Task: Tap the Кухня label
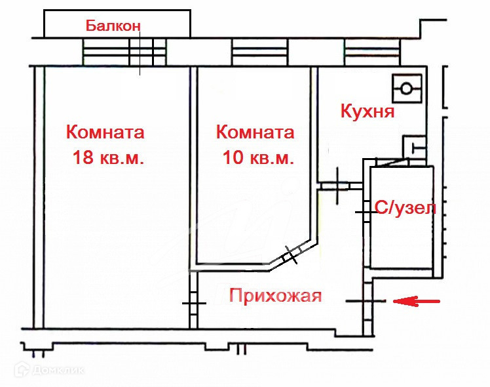pyautogui.click(x=367, y=112)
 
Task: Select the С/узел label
pyautogui.click(x=404, y=209)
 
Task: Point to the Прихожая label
pyautogui.click(x=275, y=296)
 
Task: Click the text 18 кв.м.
pyautogui.click(x=107, y=159)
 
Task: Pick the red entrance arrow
pyautogui.click(x=417, y=301)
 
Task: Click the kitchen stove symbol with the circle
pyautogui.click(x=407, y=88)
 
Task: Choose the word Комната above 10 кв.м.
pyautogui.click(x=255, y=132)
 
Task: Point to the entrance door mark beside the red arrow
pyautogui.click(x=367, y=301)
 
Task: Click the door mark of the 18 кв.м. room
pyautogui.click(x=193, y=303)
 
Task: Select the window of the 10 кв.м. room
pyautogui.click(x=259, y=51)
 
